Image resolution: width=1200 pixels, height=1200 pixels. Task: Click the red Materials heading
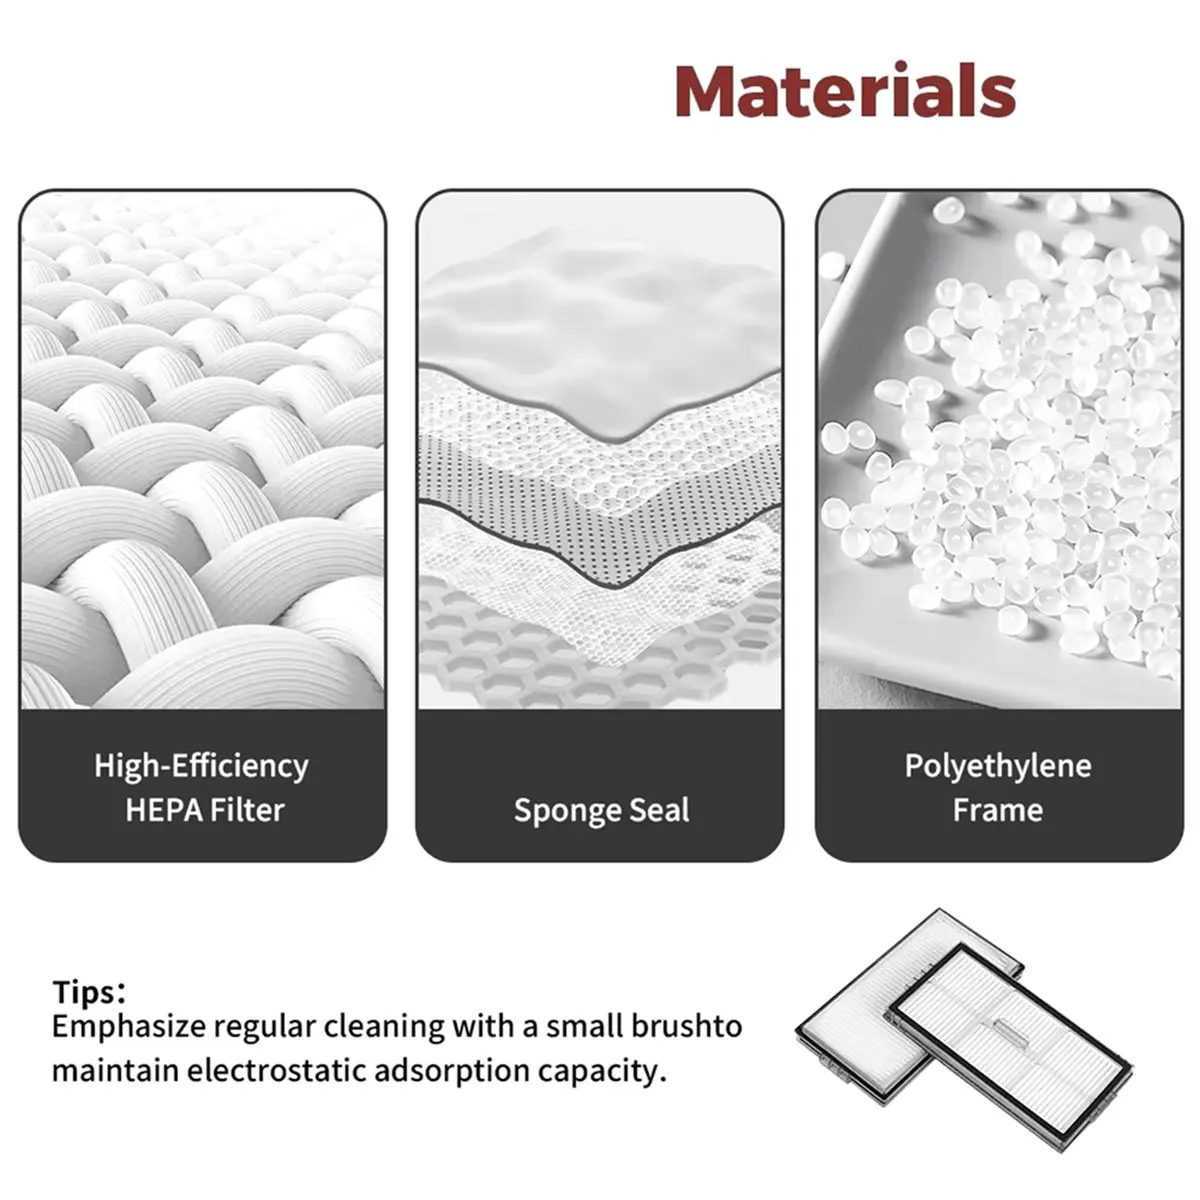[x=846, y=90]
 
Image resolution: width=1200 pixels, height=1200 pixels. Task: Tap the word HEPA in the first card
[x=163, y=810]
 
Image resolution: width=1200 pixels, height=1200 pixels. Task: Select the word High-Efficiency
[x=201, y=766]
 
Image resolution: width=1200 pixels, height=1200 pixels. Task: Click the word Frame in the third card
[x=998, y=810]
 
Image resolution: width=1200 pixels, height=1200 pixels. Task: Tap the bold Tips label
[x=88, y=992]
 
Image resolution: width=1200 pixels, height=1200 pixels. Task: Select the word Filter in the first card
[x=247, y=810]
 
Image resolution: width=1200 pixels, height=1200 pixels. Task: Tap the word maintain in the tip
[x=116, y=1070]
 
